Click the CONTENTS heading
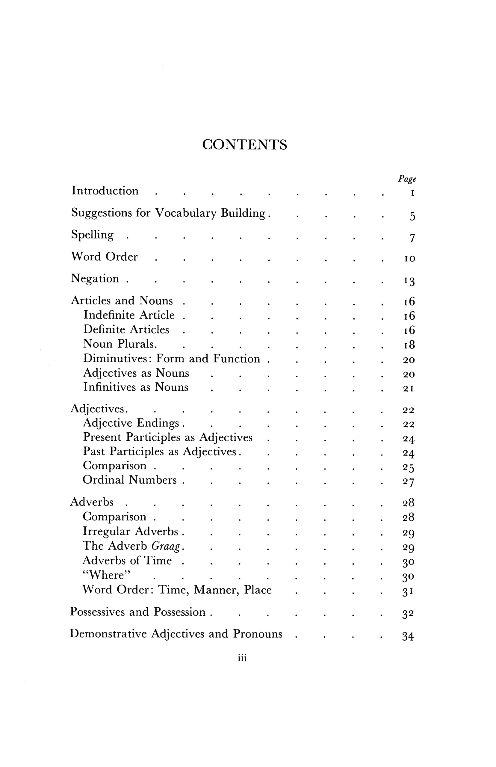[244, 145]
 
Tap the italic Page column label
[407, 179]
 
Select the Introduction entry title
[105, 191]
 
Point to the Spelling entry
[93, 235]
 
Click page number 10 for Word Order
[410, 258]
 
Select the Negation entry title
[95, 279]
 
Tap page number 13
[410, 281]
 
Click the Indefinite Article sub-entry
[129, 315]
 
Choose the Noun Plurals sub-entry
[120, 344]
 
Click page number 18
[409, 345]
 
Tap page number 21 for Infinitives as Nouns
[409, 389]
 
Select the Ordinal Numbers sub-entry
[129, 480]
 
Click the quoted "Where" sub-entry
[107, 575]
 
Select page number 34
[408, 636]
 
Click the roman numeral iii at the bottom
[242, 658]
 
